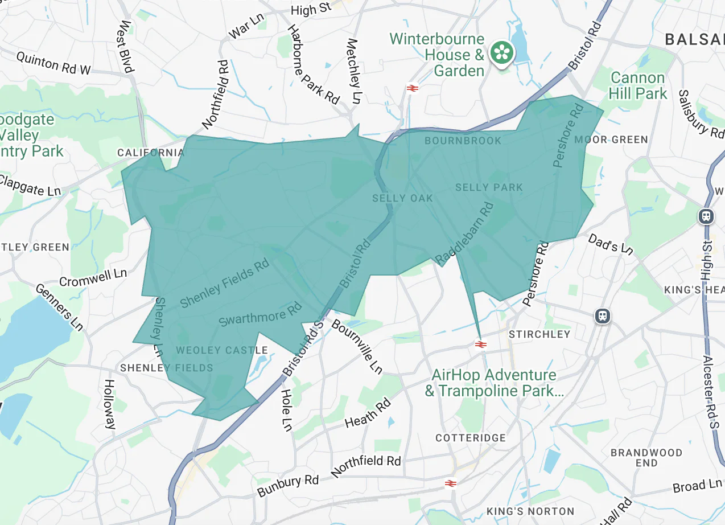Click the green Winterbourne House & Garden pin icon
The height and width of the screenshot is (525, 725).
pos(502,53)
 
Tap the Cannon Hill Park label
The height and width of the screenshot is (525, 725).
pos(637,85)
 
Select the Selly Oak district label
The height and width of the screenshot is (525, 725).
pos(402,198)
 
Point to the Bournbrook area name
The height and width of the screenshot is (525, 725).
pos(463,140)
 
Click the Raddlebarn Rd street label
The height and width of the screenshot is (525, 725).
pos(464,234)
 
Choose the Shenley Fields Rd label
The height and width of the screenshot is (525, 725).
pos(224,284)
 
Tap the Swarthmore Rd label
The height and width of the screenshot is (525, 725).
pos(260,315)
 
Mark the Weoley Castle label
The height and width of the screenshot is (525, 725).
pos(222,350)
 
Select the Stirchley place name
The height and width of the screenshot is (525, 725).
pos(539,334)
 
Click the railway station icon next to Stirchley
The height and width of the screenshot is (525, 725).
pos(480,344)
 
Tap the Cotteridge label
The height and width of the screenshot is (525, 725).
pos(470,438)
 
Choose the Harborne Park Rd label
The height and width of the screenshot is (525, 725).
pos(312,64)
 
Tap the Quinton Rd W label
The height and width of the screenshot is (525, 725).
pos(53,63)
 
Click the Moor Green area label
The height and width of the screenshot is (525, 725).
pos(611,140)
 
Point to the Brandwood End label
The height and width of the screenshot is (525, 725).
pos(646,457)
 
